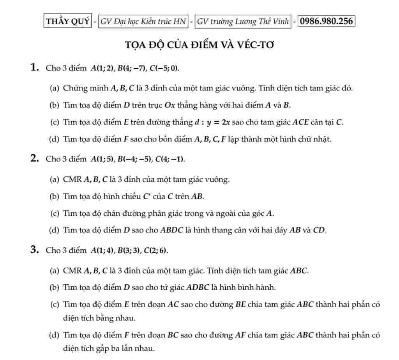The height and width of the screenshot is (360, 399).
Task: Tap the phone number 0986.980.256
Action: pyautogui.click(x=326, y=21)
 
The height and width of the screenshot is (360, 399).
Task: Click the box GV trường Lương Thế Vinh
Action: pyautogui.click(x=243, y=21)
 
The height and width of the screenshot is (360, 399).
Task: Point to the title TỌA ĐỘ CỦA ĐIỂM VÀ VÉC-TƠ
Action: pyautogui.click(x=199, y=45)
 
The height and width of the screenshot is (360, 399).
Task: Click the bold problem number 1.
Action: pyautogui.click(x=35, y=68)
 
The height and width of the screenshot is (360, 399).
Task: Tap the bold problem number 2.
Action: pyautogui.click(x=35, y=159)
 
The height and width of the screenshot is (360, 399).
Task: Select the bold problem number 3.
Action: pyautogui.click(x=35, y=250)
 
